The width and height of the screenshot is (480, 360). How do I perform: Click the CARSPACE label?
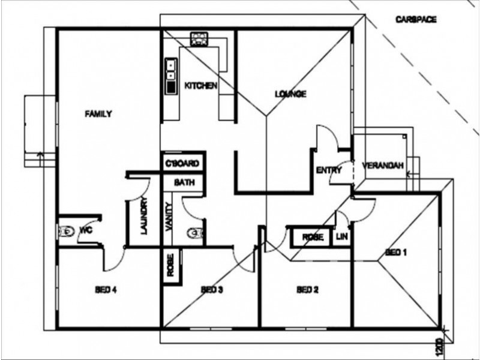[x=416, y=20]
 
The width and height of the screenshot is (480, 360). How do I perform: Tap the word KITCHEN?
[x=201, y=86]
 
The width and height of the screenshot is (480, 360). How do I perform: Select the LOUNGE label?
[x=290, y=94]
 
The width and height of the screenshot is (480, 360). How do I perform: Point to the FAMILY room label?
[x=98, y=114]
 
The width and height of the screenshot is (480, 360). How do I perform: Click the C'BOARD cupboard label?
[x=182, y=163]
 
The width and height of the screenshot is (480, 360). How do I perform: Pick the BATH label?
[x=184, y=182]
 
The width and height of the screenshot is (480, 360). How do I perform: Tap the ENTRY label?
[x=329, y=170]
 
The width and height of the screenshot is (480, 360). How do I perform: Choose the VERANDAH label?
[x=383, y=166]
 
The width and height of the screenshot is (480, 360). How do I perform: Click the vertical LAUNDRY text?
[x=145, y=216]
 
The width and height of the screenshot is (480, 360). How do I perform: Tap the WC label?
[x=86, y=230]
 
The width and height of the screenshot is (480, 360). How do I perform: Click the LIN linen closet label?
[x=341, y=236]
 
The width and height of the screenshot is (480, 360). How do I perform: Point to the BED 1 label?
[x=396, y=252]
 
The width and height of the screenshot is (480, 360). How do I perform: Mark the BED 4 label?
[x=106, y=290]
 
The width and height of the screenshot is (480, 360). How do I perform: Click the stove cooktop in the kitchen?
[x=199, y=39]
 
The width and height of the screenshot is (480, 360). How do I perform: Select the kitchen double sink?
[x=171, y=76]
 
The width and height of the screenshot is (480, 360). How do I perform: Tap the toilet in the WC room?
[x=66, y=232]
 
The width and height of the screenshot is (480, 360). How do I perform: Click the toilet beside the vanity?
[x=195, y=233]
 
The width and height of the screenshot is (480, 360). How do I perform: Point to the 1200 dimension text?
[x=439, y=347]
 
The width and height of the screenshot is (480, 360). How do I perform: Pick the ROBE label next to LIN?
[x=313, y=237]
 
